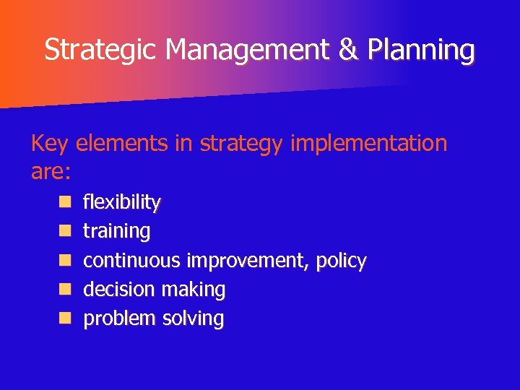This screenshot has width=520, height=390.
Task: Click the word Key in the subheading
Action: [x=49, y=144]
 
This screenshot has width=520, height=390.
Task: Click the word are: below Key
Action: [x=50, y=172]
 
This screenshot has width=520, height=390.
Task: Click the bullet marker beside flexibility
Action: [x=65, y=201]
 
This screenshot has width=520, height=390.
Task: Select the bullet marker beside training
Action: [x=65, y=231]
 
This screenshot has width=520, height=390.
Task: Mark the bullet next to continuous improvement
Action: [x=65, y=260]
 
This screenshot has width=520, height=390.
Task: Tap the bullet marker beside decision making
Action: [x=65, y=289]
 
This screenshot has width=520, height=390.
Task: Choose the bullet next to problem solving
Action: [x=65, y=318]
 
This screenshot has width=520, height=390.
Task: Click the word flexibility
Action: [x=122, y=202]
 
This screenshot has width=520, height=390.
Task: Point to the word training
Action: [x=117, y=231]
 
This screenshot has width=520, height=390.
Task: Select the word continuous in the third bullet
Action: [x=132, y=260]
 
